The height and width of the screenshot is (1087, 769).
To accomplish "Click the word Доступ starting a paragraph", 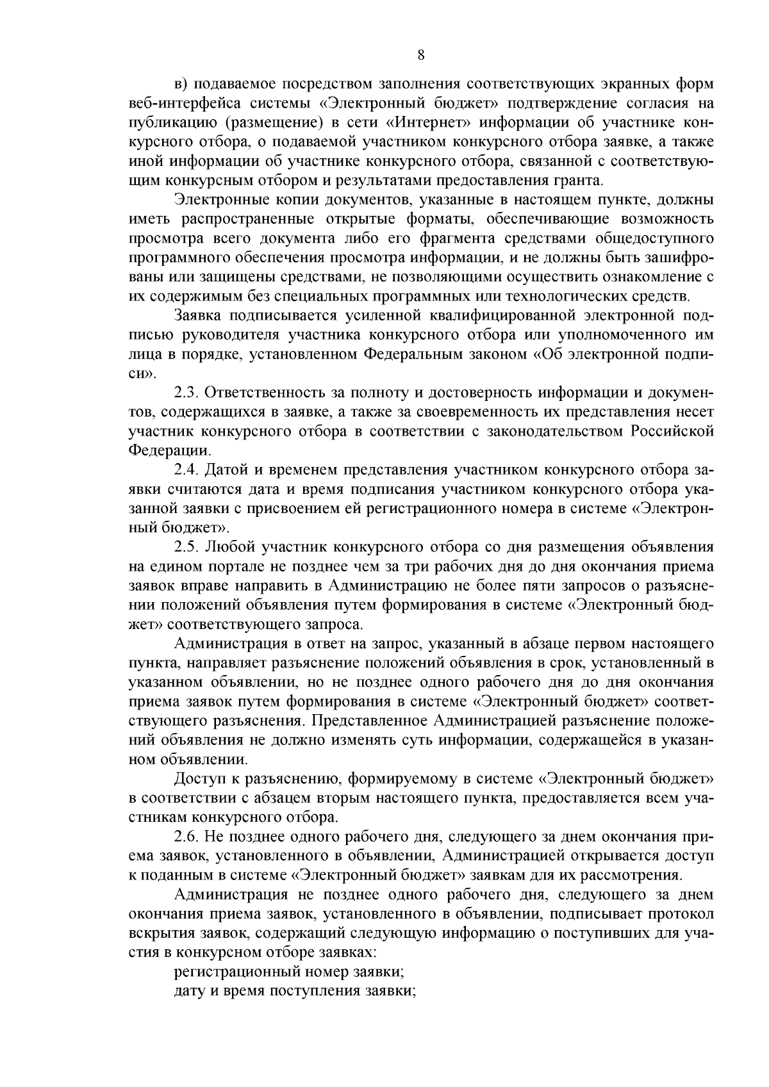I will coord(198,779).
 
